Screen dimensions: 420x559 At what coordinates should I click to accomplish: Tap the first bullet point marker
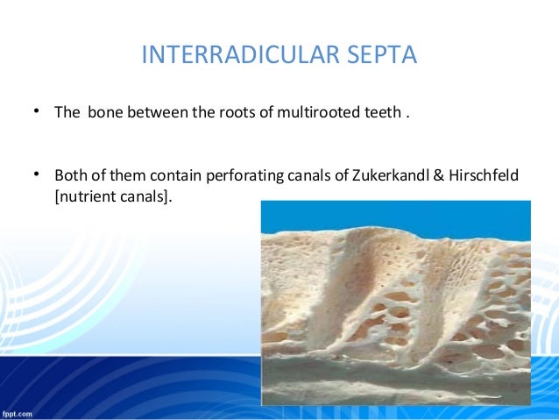[x=38, y=112]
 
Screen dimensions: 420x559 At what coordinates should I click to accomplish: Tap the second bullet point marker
[x=38, y=174]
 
